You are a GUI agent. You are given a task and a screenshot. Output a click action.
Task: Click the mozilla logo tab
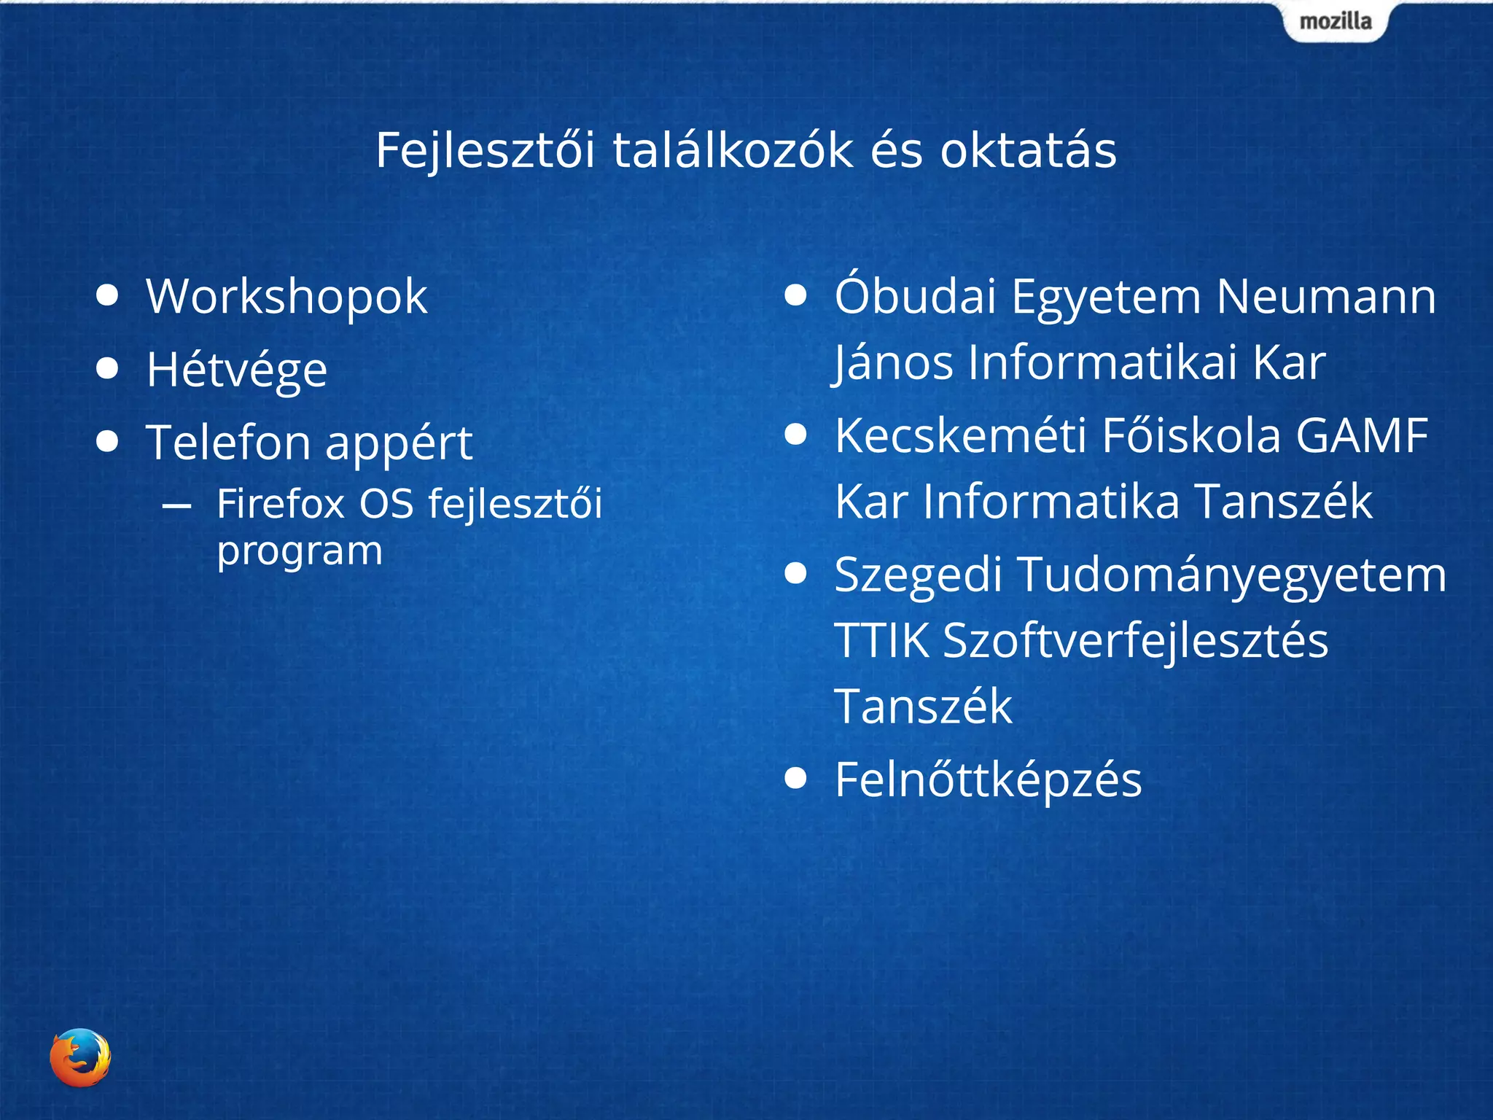pyautogui.click(x=1335, y=21)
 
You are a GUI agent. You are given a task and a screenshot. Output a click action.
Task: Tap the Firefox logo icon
pyautogui.click(x=80, y=1057)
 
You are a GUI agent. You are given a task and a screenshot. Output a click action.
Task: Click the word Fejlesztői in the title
pyautogui.click(x=485, y=151)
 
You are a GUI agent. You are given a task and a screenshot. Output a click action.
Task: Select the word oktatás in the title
pyautogui.click(x=1028, y=151)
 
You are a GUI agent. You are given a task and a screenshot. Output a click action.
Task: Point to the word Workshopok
pyautogui.click(x=286, y=297)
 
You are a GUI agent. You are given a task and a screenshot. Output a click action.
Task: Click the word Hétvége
pyautogui.click(x=237, y=370)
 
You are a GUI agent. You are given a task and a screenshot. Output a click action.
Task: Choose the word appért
pyautogui.click(x=399, y=444)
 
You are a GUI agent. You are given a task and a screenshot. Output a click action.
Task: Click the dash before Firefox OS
pyautogui.click(x=177, y=505)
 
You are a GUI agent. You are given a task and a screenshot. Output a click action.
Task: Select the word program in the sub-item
pyautogui.click(x=300, y=551)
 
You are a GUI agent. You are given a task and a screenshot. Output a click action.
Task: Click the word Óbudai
pyautogui.click(x=915, y=297)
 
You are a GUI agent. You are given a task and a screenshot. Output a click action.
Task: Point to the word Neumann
pyautogui.click(x=1326, y=297)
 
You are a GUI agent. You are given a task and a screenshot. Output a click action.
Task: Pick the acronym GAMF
pyautogui.click(x=1361, y=436)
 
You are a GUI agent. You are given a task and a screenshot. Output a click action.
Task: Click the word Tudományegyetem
pyautogui.click(x=1231, y=575)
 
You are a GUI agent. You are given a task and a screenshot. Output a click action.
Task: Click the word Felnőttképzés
pyautogui.click(x=988, y=780)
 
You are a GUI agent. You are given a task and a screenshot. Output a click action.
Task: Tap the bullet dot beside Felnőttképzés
pyautogui.click(x=795, y=778)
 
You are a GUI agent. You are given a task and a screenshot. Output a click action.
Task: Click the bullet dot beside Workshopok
pyautogui.click(x=107, y=295)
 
